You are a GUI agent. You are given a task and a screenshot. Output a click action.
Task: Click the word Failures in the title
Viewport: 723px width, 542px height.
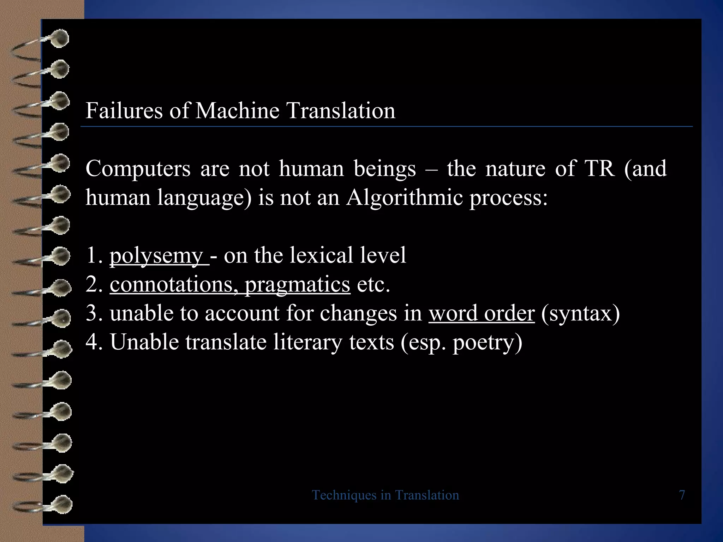point(124,110)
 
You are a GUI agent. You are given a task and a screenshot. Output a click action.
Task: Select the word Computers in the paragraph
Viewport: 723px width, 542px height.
point(138,169)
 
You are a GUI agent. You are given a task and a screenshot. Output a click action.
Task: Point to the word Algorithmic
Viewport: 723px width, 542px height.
point(405,197)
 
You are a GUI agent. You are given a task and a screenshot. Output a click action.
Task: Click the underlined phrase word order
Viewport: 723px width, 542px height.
point(482,313)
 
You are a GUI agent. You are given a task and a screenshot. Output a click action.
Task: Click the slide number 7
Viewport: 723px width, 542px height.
point(682,495)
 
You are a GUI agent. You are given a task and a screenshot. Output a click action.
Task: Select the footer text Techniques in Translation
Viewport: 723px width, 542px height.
point(386,495)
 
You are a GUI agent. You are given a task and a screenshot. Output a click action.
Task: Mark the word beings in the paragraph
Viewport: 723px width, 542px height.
point(385,169)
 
